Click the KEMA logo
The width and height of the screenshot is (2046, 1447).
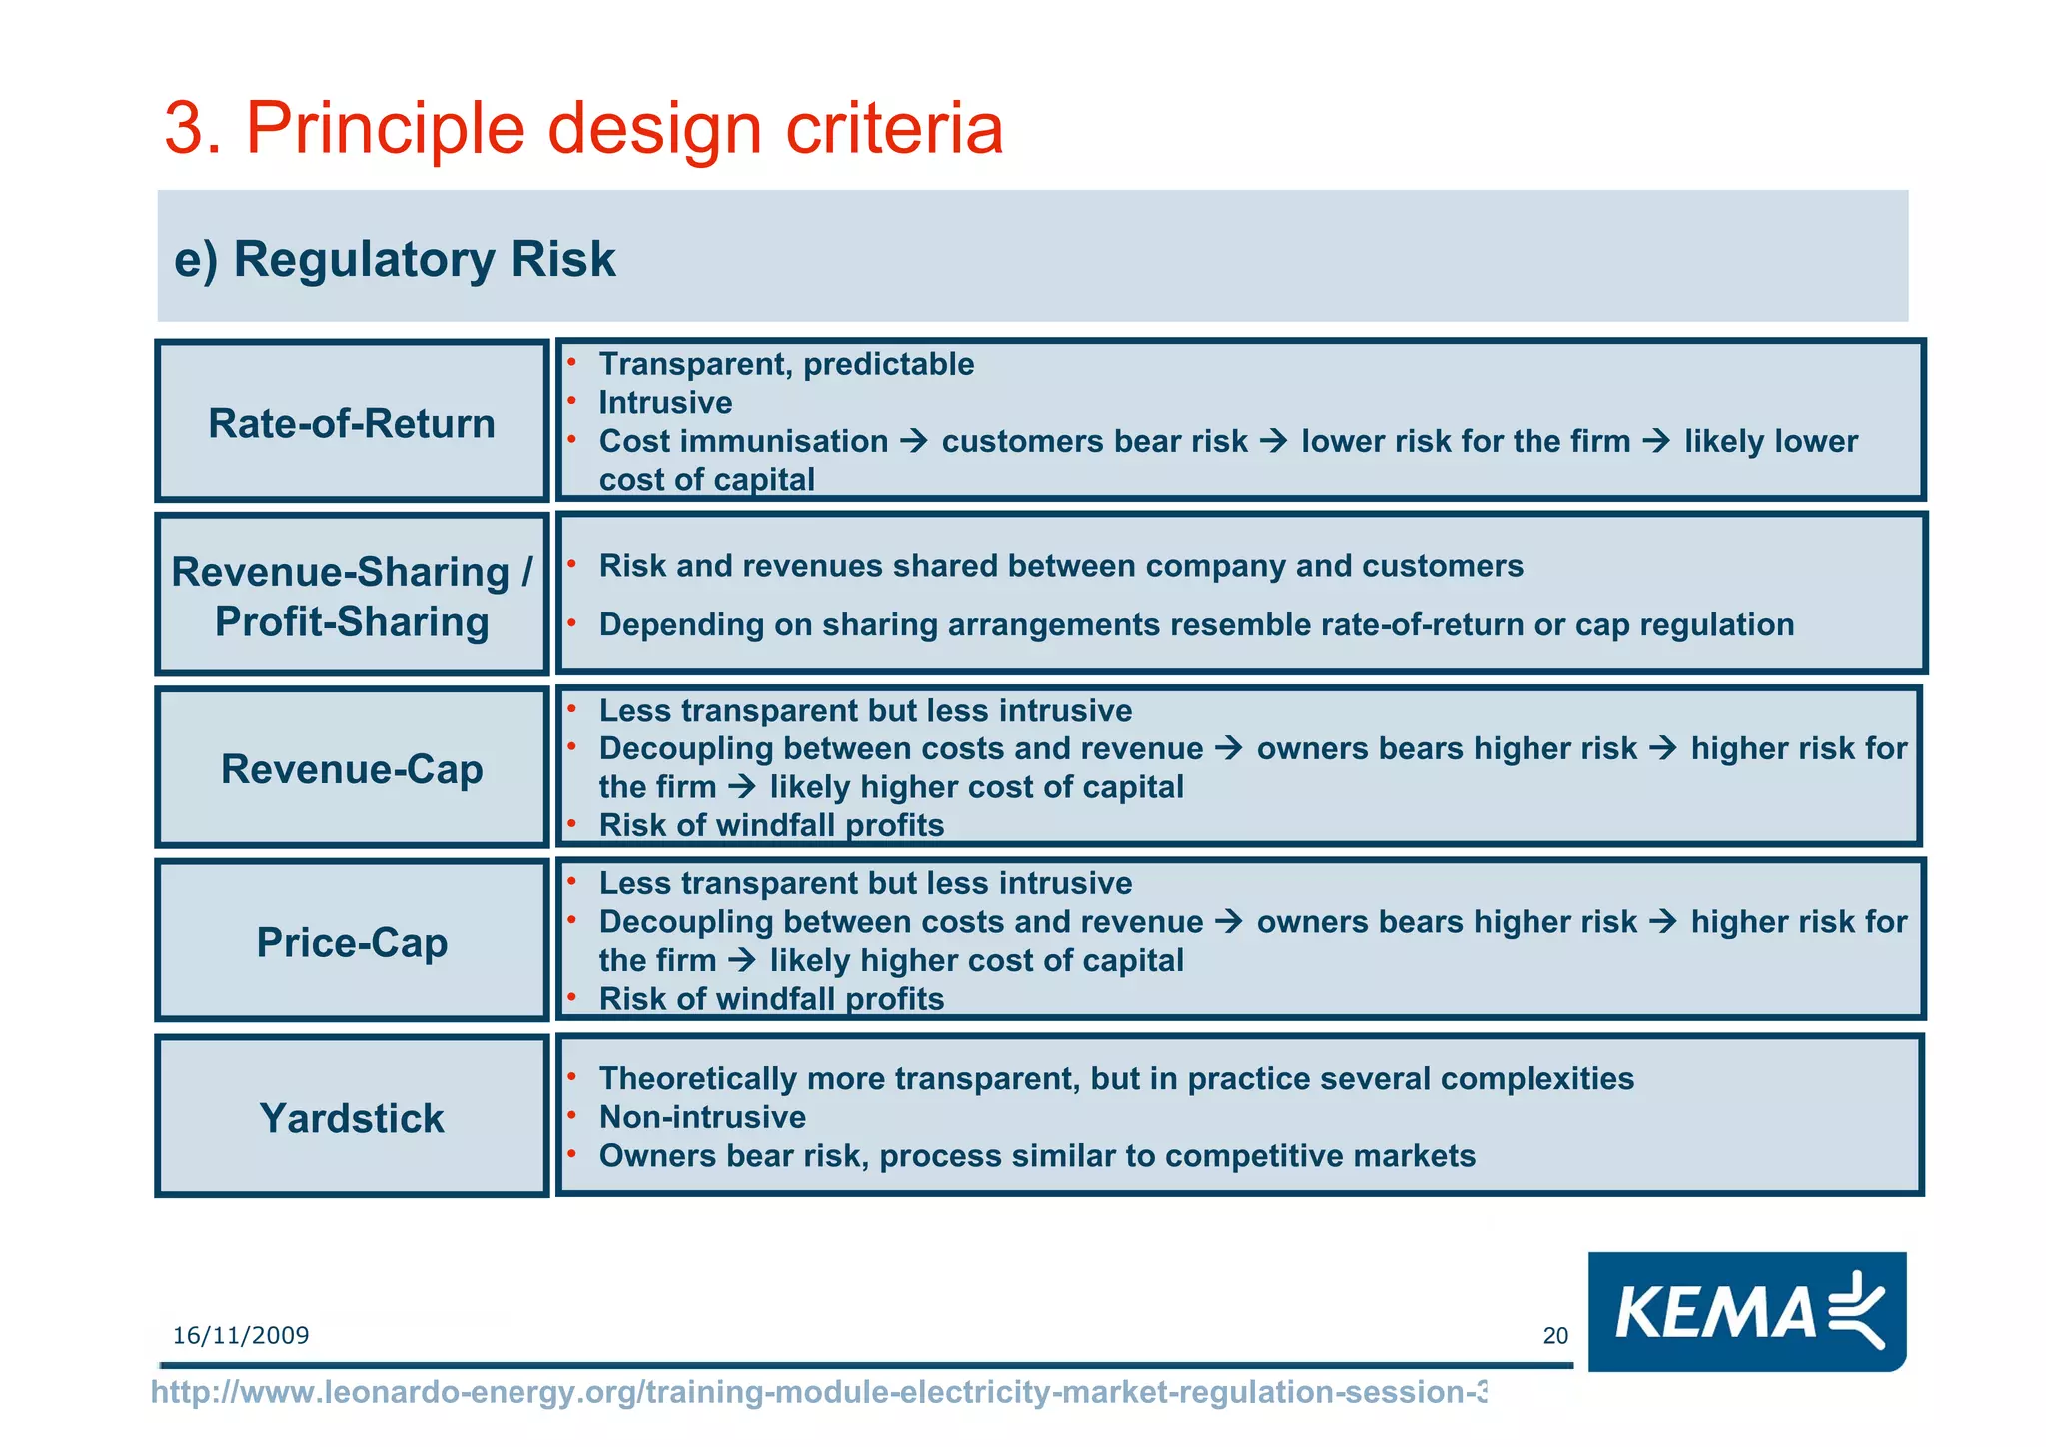(x=1746, y=1311)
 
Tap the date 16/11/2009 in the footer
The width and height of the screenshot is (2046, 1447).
(x=241, y=1336)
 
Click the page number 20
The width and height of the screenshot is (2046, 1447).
(x=1555, y=1336)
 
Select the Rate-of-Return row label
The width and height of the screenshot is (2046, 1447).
(x=352, y=423)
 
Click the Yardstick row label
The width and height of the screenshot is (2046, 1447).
(x=352, y=1118)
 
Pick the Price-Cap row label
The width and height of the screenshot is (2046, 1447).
(x=352, y=942)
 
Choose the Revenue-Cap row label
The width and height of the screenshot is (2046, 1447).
(x=352, y=769)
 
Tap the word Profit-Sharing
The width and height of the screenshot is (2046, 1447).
(x=352, y=622)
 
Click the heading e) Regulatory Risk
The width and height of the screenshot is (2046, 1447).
(x=395, y=259)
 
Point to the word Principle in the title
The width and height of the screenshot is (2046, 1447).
(x=385, y=128)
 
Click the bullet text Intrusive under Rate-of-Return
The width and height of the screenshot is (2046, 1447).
(x=665, y=403)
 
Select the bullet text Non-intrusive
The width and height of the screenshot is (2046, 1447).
(x=702, y=1117)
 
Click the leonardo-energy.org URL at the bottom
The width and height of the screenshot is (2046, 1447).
(x=817, y=1392)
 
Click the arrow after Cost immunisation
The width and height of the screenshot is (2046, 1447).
(x=914, y=441)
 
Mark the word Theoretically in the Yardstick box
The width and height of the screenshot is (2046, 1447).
(x=697, y=1079)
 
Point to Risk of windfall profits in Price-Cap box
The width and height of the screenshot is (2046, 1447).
(x=771, y=999)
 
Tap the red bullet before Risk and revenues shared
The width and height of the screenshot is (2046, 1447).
(x=572, y=564)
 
